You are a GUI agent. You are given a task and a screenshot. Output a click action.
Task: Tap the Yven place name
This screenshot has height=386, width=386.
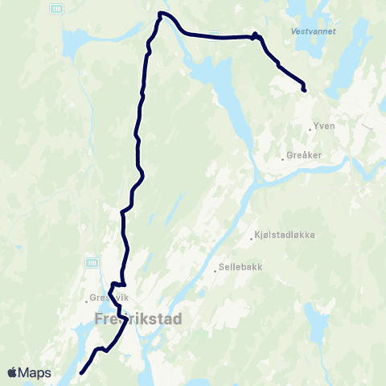pos(323,126)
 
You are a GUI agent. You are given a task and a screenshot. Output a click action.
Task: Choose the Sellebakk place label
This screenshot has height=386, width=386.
pos(240,267)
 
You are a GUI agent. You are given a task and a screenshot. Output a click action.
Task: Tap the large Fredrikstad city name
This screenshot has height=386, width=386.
pos(138,319)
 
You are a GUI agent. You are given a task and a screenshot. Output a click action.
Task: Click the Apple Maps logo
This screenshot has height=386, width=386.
pos(29,372)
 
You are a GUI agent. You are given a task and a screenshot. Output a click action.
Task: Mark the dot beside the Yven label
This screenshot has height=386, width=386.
pos(310,127)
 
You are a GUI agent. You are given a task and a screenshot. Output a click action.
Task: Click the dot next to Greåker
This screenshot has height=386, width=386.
pos(282,158)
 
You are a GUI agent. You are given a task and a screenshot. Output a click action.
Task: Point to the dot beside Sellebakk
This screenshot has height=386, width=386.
pos(216,270)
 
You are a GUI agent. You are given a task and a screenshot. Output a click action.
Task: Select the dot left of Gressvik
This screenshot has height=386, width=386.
pos(85,302)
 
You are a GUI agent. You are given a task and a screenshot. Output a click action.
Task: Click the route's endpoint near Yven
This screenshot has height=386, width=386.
pos(304,89)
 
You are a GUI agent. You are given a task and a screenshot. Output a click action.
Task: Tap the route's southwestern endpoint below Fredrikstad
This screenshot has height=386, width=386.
pos(82,372)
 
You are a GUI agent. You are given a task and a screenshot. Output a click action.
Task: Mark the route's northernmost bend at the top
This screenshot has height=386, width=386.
pos(161,14)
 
